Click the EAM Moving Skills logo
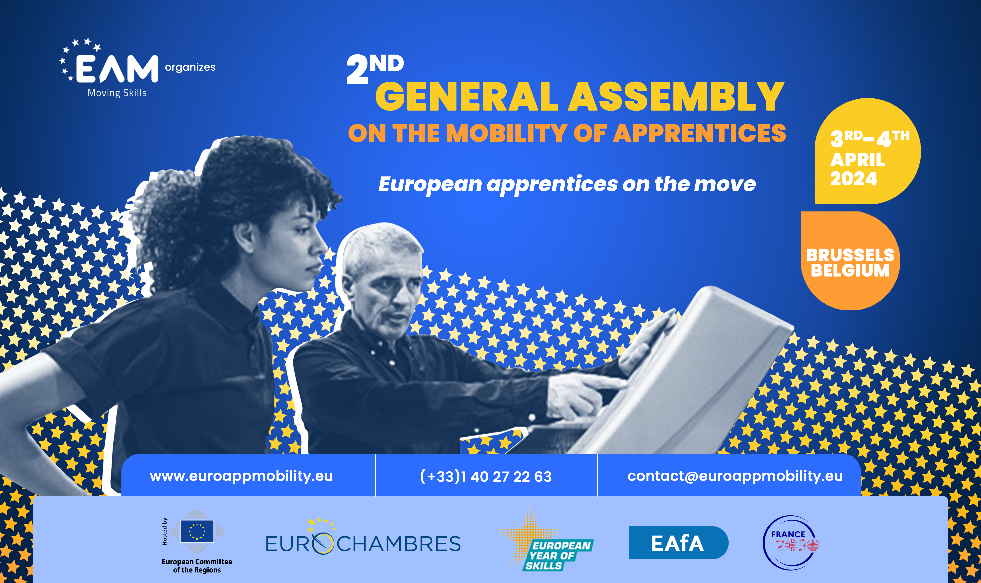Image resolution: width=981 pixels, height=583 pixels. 109,67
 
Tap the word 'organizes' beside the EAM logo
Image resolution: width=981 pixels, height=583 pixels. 190,67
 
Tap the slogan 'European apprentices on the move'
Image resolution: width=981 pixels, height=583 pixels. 567,184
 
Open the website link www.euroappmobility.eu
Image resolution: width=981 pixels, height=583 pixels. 241,476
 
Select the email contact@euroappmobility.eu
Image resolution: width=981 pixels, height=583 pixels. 735,476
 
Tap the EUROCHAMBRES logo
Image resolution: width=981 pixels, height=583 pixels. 363,540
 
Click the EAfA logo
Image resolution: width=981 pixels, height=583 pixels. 678,543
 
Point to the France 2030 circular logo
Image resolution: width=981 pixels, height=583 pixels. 791,543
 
